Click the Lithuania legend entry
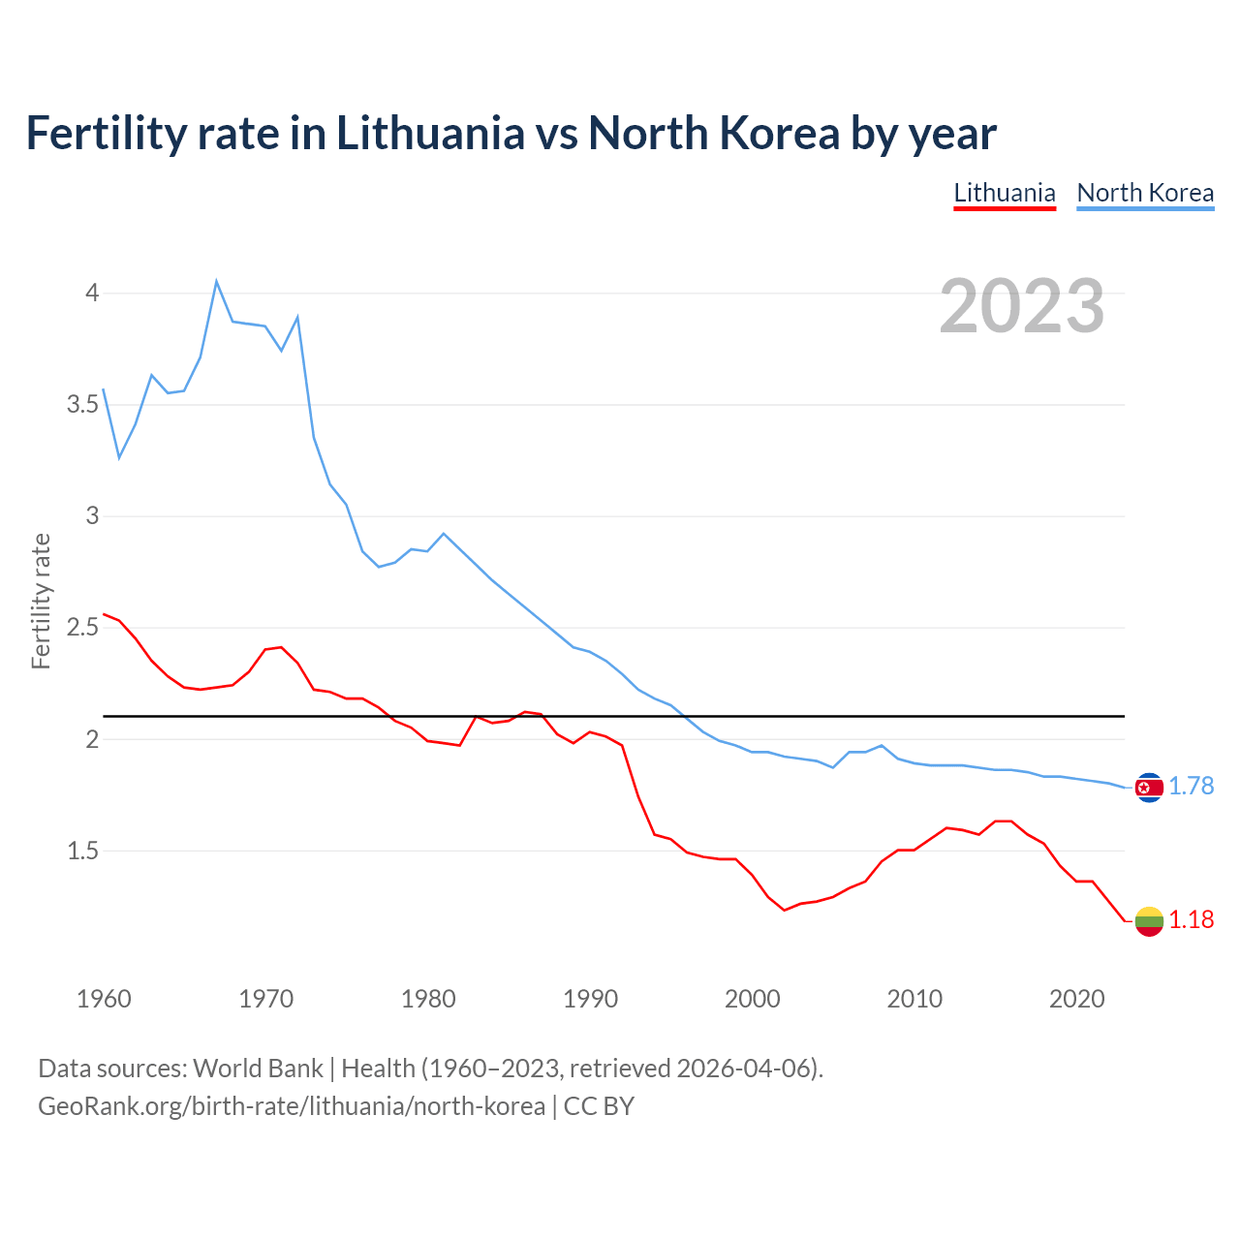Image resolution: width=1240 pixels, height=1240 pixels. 1005,193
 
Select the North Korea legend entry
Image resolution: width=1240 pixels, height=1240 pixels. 1145,193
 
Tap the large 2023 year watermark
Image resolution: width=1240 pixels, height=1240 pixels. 1022,306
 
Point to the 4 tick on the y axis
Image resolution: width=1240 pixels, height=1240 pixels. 92,293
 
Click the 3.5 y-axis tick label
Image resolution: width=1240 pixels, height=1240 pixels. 83,404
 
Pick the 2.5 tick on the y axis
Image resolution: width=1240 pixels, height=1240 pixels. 83,628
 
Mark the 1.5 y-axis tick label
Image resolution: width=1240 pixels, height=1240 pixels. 83,852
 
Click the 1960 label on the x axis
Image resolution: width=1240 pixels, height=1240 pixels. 104,999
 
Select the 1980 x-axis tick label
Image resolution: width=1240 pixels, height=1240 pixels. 428,999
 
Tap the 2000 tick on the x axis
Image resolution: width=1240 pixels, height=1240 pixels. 752,999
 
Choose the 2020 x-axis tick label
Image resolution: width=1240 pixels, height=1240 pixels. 1076,999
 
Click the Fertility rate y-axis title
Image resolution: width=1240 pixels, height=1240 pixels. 41,601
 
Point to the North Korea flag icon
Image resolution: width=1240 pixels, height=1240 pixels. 1149,788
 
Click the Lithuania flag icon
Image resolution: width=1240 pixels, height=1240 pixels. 1149,921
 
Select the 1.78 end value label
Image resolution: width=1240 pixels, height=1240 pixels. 1191,787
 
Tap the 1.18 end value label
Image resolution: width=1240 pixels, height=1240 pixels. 1191,920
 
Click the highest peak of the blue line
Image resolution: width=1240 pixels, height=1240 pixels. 216,281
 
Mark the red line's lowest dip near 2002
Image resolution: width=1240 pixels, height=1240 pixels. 785,910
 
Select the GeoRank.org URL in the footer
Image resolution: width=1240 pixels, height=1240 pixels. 292,1106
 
